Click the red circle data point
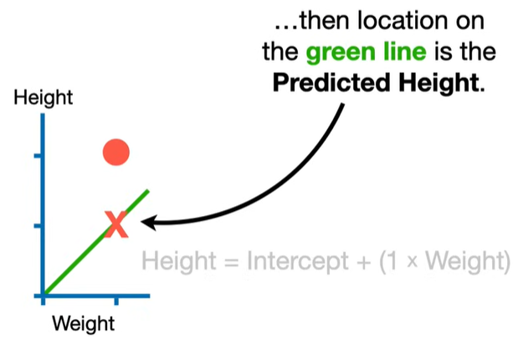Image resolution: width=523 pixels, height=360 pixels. click(x=115, y=152)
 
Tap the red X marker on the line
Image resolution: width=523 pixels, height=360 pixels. click(x=116, y=224)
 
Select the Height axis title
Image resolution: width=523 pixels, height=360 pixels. click(x=44, y=99)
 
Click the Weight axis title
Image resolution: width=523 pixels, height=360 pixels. click(x=83, y=323)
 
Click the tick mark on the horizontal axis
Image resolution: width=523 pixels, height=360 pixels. click(x=115, y=299)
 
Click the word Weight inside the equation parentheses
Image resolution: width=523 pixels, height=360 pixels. click(x=464, y=262)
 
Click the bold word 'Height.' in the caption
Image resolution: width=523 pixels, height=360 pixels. click(x=441, y=85)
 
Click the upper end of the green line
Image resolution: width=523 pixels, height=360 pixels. click(x=148, y=191)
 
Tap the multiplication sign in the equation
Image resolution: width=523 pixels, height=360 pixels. click(x=413, y=263)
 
